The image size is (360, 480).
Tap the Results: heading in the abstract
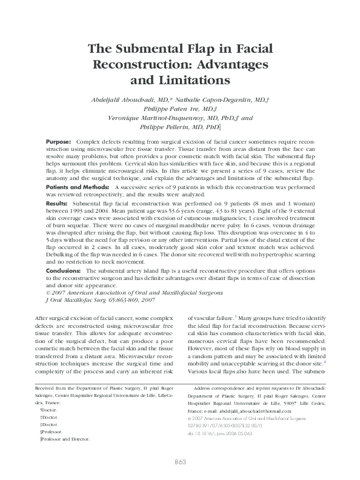57,204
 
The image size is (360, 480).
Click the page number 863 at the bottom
179,462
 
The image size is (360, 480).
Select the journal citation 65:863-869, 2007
124,299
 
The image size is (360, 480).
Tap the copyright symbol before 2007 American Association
48,292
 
